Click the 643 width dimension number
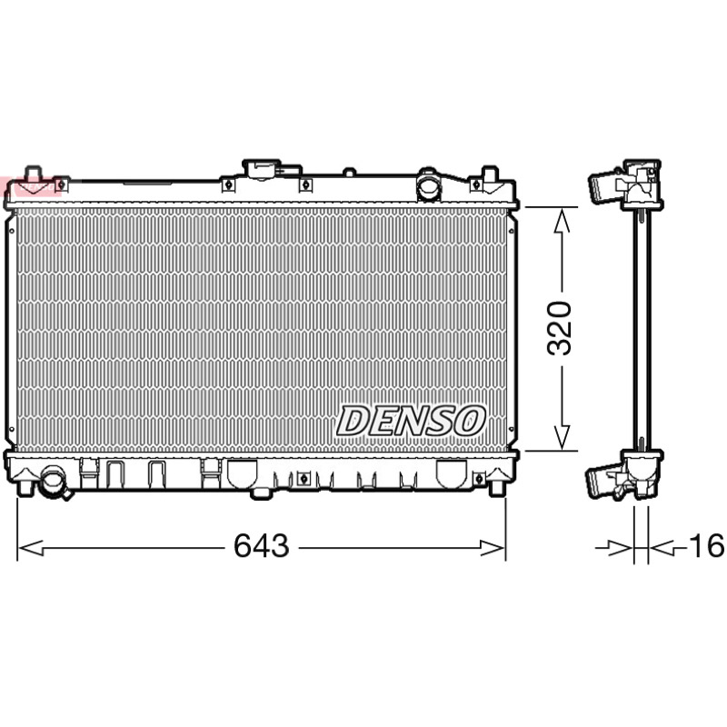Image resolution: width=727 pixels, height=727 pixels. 262,545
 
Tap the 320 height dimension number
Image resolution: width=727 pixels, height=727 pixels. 559,328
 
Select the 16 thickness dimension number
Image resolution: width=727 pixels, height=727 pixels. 707,545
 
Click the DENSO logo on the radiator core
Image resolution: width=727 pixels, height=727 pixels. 411,421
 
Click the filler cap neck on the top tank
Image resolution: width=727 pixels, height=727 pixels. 262,169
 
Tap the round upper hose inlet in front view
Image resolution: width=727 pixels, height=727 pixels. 428,185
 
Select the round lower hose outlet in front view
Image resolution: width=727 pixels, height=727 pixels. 53,483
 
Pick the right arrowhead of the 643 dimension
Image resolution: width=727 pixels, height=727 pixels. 492,548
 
